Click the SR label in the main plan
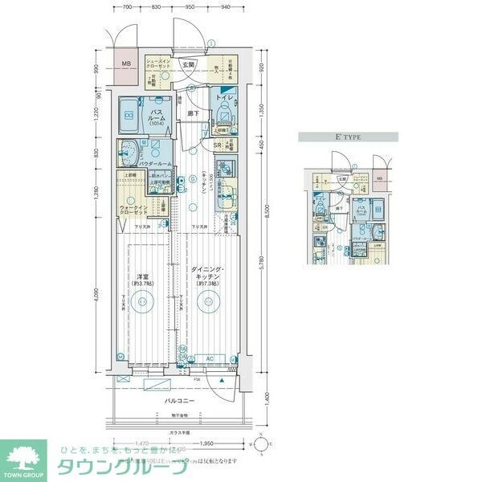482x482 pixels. click(217, 145)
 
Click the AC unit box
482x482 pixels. click(208, 357)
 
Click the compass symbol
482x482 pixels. click(262, 443)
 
